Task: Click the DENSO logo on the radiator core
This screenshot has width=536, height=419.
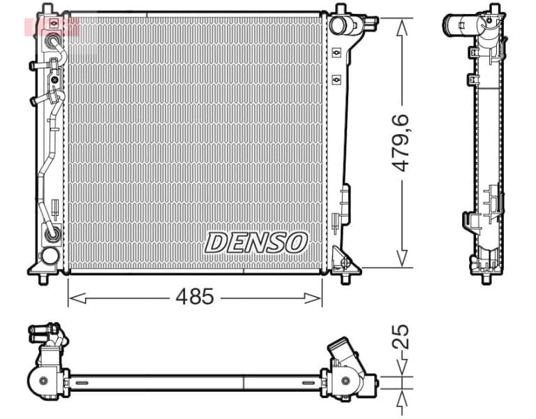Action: click(256, 242)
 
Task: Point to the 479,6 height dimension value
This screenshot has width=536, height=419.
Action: click(401, 143)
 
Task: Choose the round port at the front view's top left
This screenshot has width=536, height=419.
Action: click(52, 25)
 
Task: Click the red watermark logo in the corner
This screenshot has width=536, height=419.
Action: click(52, 27)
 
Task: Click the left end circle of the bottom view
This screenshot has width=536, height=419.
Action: click(44, 381)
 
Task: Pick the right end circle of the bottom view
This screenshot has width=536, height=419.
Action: click(346, 381)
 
